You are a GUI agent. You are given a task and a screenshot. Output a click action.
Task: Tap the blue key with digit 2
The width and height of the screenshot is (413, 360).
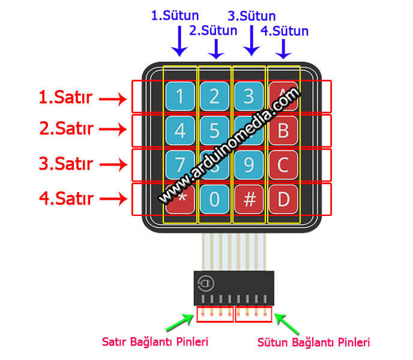(x=215, y=96)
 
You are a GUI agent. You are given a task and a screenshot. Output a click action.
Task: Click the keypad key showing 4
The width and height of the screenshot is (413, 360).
(x=180, y=130)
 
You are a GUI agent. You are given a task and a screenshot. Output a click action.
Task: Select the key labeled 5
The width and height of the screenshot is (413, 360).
(x=215, y=130)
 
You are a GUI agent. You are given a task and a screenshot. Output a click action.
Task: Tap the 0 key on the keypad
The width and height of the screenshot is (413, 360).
(x=215, y=198)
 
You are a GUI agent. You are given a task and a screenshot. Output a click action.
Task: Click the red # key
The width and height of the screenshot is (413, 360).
(x=249, y=198)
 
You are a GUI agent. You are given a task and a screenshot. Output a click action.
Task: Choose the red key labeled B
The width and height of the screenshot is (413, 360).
(x=283, y=130)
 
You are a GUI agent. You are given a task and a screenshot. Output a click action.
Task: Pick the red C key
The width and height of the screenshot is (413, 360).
(x=283, y=164)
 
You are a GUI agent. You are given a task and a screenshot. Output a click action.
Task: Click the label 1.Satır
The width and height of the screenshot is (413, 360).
(x=65, y=97)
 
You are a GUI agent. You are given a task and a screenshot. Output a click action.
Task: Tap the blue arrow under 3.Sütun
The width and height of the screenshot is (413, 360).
(x=252, y=41)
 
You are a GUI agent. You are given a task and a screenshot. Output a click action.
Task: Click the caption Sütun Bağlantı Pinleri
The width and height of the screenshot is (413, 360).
(x=313, y=342)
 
